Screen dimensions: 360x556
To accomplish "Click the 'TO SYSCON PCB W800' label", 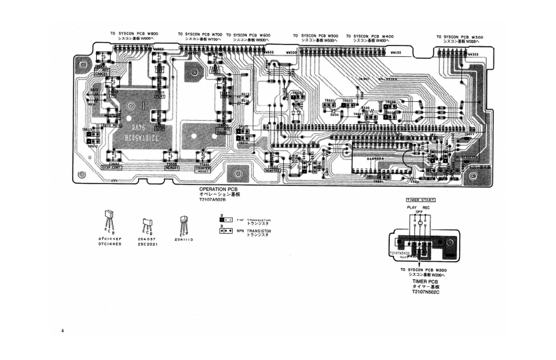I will coord(134,34).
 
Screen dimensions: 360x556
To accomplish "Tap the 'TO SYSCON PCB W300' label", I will coord(459,36).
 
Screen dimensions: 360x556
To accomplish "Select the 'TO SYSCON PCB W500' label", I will coord(315,36).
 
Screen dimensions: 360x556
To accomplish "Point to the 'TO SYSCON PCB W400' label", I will coord(369,36).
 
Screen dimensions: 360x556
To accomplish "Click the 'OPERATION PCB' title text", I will coord(219,189).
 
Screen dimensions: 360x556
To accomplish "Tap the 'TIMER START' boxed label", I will coord(420,200).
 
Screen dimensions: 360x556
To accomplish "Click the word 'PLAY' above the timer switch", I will coord(412,207).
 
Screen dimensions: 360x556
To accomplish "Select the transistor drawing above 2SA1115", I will coord(184,224).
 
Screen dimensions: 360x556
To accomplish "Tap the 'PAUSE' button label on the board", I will coord(223,131).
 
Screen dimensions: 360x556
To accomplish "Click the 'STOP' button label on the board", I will coord(159,128).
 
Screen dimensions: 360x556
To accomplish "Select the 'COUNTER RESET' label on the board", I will coord(203,170).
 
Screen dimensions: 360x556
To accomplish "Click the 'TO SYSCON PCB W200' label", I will coord(423,270).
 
